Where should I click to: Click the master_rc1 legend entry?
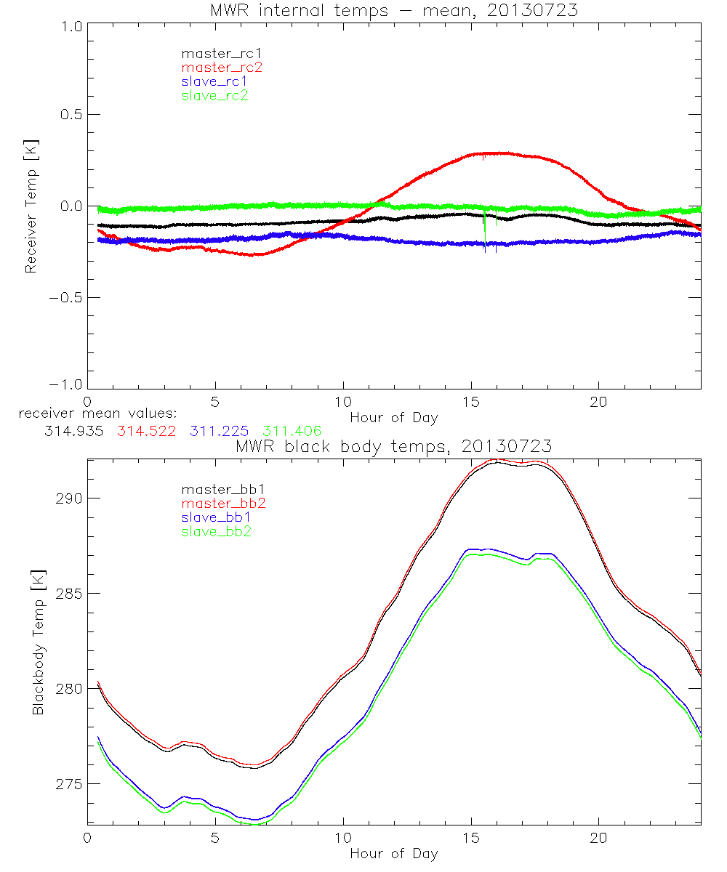click(x=214, y=53)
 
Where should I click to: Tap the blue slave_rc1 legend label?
click(x=214, y=81)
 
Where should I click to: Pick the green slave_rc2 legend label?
click(x=214, y=95)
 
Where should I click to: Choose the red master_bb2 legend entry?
click(x=221, y=503)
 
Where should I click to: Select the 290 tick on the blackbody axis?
click(x=69, y=498)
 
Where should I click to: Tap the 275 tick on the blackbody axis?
click(x=69, y=784)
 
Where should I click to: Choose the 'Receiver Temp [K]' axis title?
click(x=31, y=206)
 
